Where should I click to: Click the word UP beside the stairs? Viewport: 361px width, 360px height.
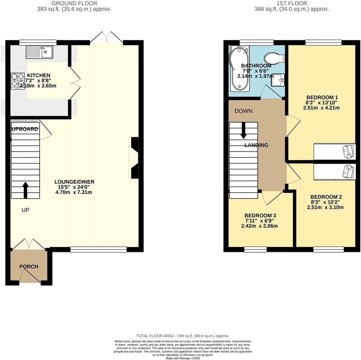coord(25,210)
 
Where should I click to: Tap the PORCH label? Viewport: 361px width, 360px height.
coord(29,267)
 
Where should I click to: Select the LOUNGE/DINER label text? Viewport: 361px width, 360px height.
coord(74,182)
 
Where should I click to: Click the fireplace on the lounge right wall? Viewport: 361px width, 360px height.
coord(134,158)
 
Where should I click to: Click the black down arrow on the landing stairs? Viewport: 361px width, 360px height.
coord(244,130)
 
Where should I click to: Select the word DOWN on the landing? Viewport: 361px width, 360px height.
coord(243,111)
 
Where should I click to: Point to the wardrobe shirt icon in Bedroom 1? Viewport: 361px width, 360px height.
coord(349,152)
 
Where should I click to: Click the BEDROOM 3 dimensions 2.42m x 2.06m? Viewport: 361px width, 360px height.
coord(259,226)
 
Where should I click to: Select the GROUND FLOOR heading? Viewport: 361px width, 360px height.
coord(74,3)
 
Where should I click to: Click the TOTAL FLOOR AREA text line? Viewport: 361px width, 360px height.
coord(183,336)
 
